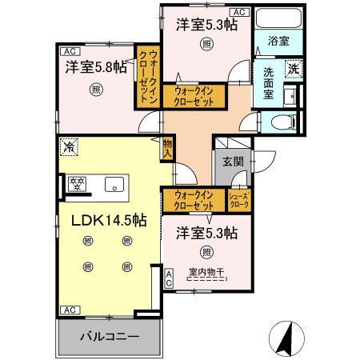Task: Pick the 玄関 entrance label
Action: point(232,162)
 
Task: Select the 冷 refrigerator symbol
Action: point(69,147)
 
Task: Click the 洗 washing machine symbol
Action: point(294,69)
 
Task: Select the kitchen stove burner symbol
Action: point(78,185)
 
